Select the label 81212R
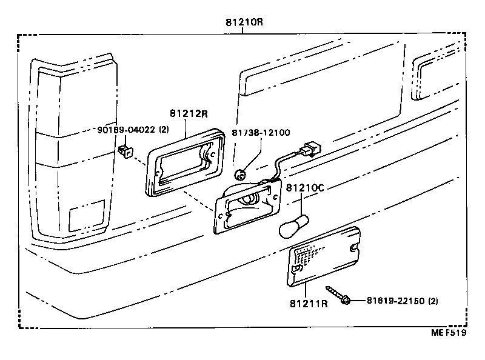pyautogui.click(x=189, y=113)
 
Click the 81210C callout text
pyautogui.click(x=306, y=187)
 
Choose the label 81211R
pyautogui.click(x=309, y=303)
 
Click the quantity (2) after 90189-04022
pyautogui.click(x=164, y=130)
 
